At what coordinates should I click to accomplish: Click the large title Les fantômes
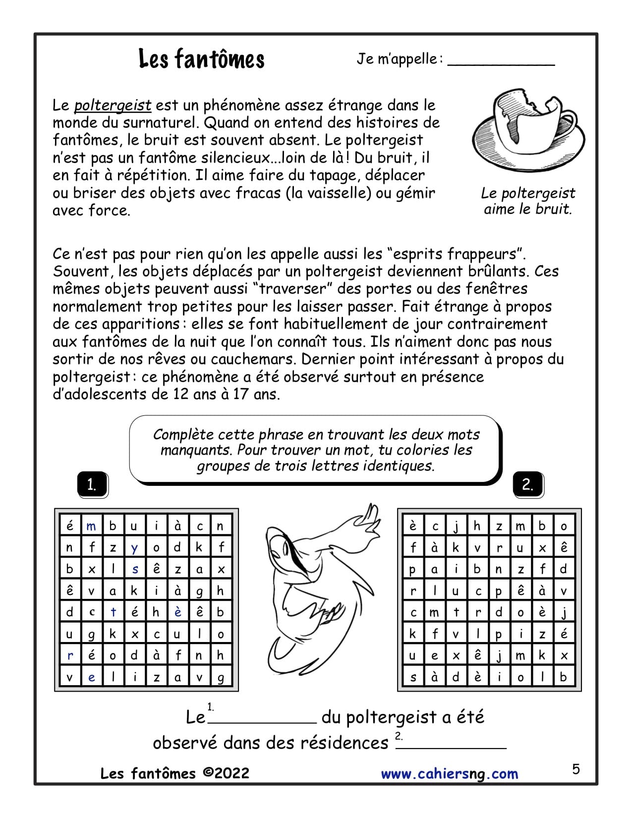click(x=201, y=59)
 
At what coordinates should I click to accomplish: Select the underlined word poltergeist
click(x=113, y=105)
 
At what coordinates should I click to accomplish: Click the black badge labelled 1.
click(x=92, y=484)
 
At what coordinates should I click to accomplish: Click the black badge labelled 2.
click(x=527, y=484)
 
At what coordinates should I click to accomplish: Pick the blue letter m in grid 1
click(x=91, y=526)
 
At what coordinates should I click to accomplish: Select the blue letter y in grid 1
click(x=134, y=548)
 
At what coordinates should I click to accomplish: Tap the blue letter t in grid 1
click(x=113, y=612)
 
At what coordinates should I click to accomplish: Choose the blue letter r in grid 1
click(x=70, y=655)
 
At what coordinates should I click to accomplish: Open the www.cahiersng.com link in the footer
click(x=449, y=774)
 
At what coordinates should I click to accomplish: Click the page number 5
click(x=575, y=769)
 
